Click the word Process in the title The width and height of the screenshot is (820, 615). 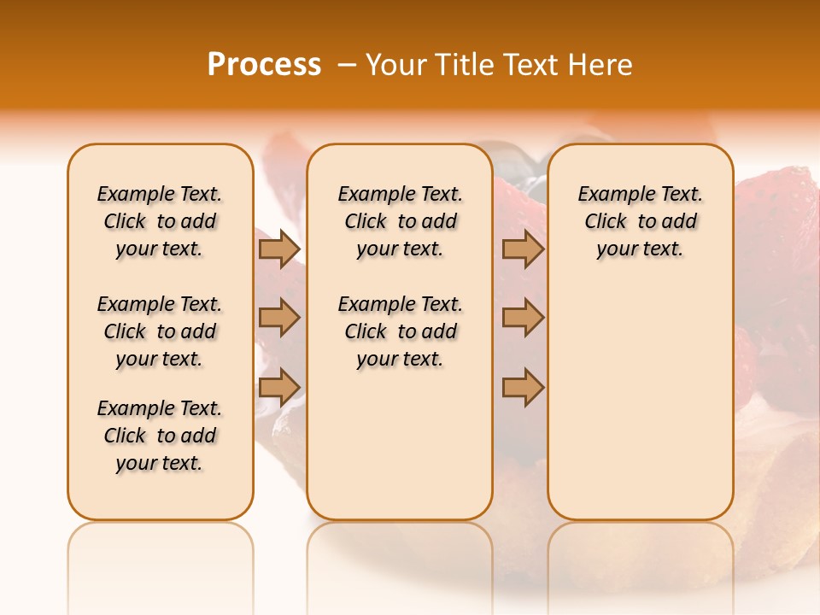pos(264,65)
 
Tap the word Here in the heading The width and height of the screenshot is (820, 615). pos(602,65)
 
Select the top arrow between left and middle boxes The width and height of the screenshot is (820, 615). pos(279,249)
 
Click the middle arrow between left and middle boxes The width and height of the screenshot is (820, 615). pos(279,318)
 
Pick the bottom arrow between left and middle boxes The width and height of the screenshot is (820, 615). pos(279,387)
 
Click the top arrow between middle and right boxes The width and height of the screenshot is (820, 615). pos(523,249)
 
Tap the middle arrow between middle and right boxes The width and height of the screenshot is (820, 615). pos(523,318)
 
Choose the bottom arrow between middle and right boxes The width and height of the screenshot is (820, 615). pos(523,387)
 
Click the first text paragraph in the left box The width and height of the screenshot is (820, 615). pos(160,221)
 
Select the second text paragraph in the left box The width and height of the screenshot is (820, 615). pos(160,331)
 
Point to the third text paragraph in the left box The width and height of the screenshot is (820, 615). pos(160,436)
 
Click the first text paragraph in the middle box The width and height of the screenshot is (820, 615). pos(400,221)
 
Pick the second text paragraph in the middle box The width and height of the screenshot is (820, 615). pos(400,331)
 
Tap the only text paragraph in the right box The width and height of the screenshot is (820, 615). pos(640,221)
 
